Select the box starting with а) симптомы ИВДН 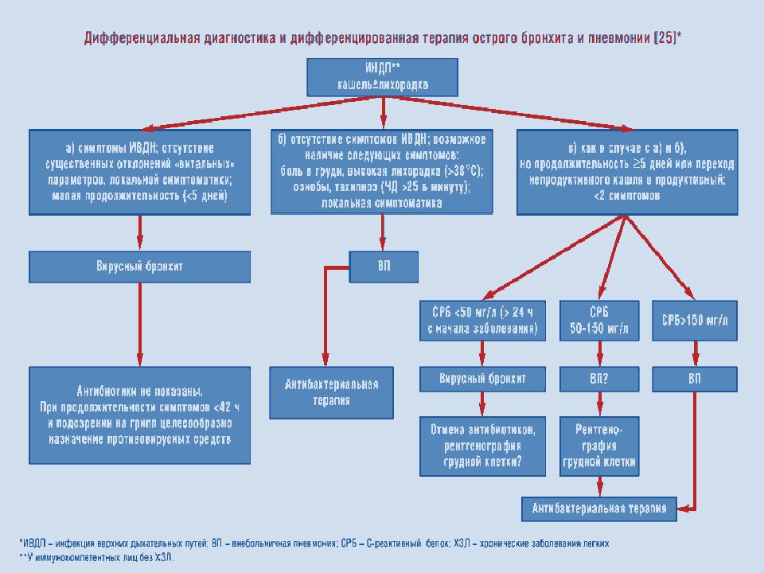pyautogui.click(x=139, y=172)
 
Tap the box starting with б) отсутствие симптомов pyautogui.click(x=383, y=172)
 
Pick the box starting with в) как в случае pyautogui.click(x=627, y=172)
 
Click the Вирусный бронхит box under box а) pyautogui.click(x=139, y=267)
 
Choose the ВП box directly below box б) pyautogui.click(x=384, y=267)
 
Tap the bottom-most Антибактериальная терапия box pyautogui.click(x=599, y=506)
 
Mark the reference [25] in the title pyautogui.click(x=665, y=38)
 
